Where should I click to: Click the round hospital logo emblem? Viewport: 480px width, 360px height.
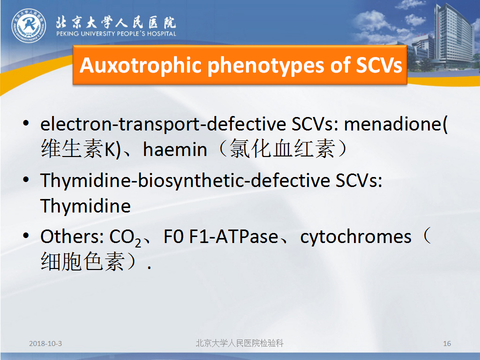click(29, 25)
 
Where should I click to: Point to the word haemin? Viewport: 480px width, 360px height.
click(175, 149)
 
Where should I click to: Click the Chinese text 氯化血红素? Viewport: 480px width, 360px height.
click(283, 149)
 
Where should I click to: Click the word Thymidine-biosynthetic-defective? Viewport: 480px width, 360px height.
click(185, 181)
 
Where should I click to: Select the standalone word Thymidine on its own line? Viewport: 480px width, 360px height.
click(85, 205)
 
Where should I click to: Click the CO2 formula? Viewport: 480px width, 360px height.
click(125, 237)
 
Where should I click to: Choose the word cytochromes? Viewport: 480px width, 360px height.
click(355, 236)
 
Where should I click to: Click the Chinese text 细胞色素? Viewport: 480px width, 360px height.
click(82, 261)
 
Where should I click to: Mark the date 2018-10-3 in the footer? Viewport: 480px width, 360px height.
click(45, 343)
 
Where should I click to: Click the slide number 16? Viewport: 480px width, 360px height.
click(447, 343)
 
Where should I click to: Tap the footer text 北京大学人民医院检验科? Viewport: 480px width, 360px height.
click(239, 343)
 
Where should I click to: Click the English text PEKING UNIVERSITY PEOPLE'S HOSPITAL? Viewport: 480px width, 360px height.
click(116, 33)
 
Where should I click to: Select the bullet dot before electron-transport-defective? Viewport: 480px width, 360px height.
click(26, 123)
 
